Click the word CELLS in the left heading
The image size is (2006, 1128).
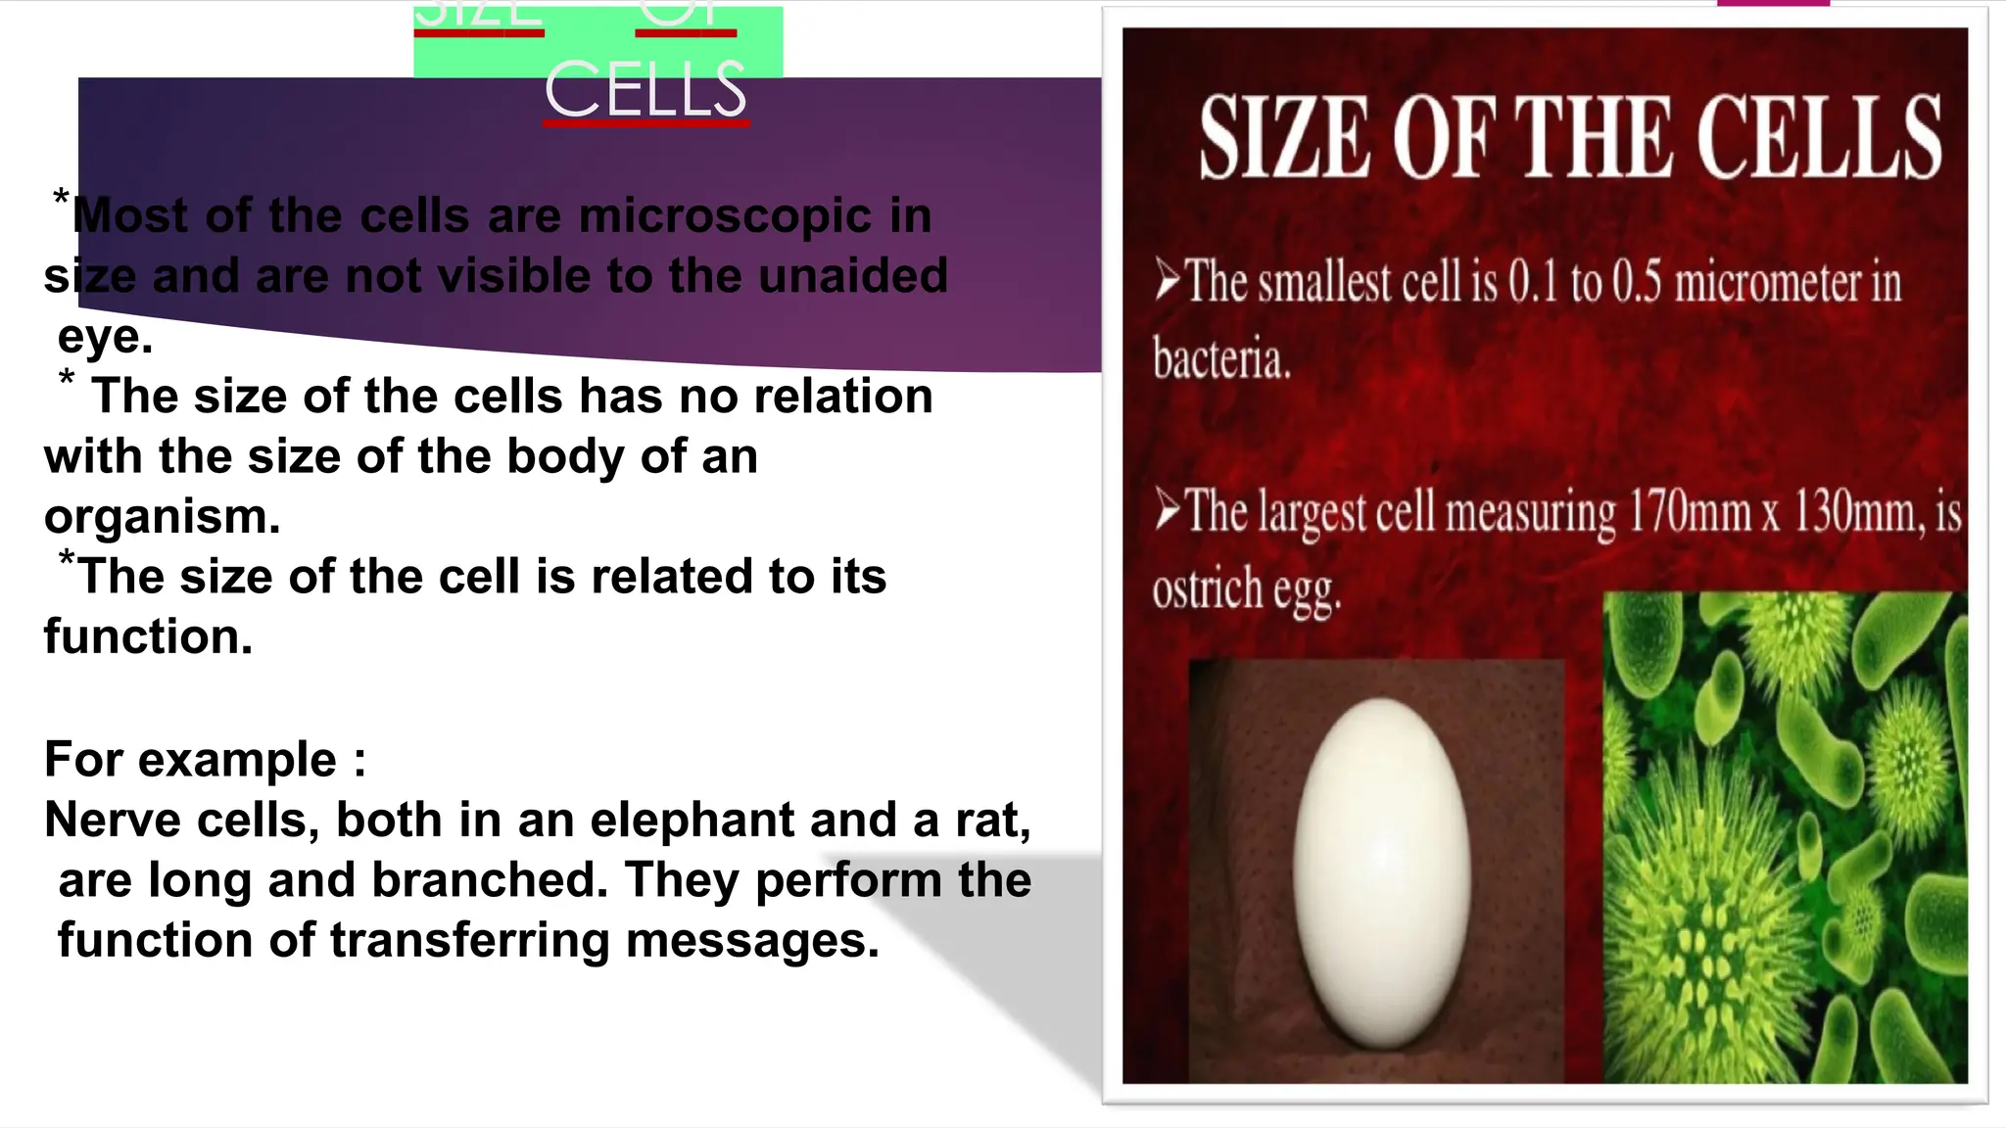click(x=646, y=90)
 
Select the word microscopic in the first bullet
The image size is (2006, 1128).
click(x=725, y=215)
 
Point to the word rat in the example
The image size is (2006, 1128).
click(x=991, y=820)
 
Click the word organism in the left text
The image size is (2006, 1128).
click(x=162, y=517)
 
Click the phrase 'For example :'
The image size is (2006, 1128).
click(x=206, y=760)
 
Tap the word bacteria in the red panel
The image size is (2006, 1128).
click(x=1221, y=359)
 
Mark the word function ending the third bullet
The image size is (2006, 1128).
click(x=147, y=637)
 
